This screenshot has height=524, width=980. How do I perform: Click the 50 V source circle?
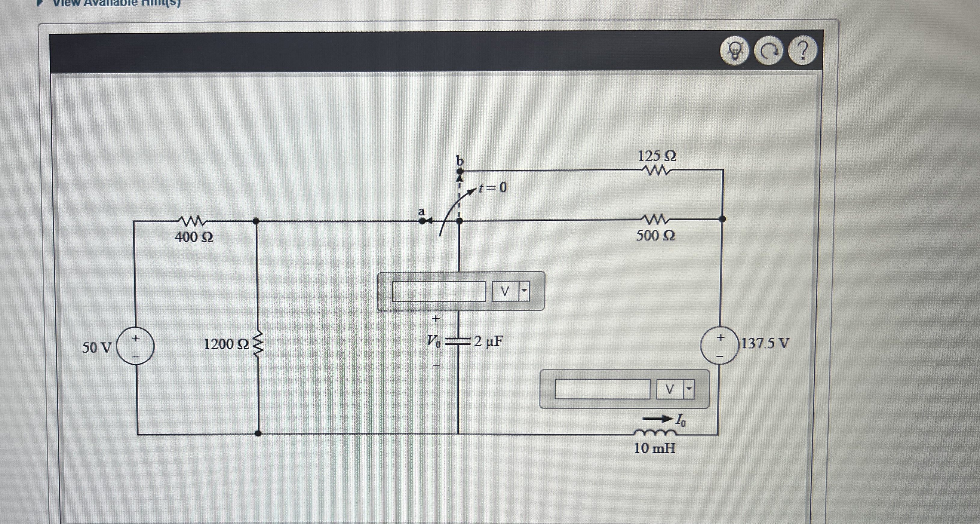click(135, 346)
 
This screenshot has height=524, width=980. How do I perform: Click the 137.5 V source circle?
click(719, 346)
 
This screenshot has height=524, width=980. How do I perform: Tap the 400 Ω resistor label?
click(194, 237)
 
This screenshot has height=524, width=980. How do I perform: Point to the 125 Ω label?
click(657, 156)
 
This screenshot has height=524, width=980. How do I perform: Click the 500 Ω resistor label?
click(656, 236)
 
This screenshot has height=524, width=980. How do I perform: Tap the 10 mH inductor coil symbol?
click(655, 433)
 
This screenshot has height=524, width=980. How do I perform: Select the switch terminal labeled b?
click(459, 171)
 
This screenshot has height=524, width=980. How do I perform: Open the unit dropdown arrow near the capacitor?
click(524, 291)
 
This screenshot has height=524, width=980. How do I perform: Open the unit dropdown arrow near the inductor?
click(689, 389)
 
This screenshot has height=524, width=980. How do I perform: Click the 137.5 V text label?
click(765, 343)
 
